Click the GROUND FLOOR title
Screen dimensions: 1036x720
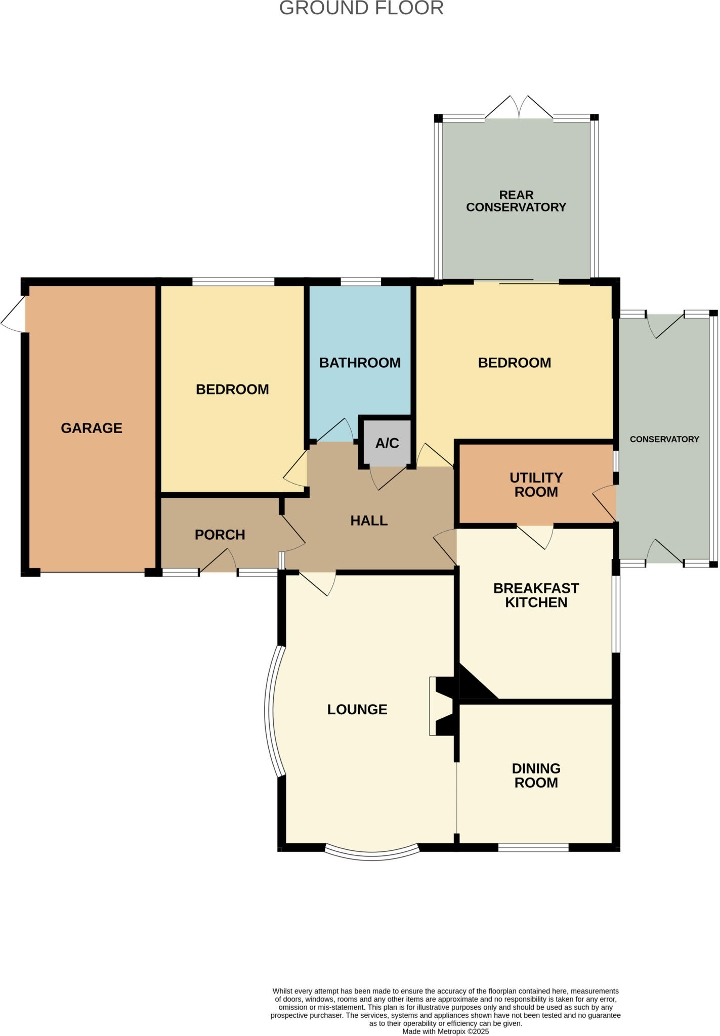click(361, 9)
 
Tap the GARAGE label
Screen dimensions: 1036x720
click(92, 428)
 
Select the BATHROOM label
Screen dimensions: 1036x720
click(360, 363)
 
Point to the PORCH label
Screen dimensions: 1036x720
click(220, 535)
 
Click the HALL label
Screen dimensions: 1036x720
click(369, 521)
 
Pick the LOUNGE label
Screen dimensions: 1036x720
click(357, 710)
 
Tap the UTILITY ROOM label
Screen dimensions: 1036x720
click(536, 485)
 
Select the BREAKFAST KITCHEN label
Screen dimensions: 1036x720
click(536, 595)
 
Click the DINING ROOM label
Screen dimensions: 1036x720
click(536, 775)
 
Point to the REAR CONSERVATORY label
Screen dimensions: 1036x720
click(516, 201)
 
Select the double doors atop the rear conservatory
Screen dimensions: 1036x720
click(519, 108)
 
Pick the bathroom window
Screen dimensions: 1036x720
click(360, 282)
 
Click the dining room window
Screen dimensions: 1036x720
click(533, 847)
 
